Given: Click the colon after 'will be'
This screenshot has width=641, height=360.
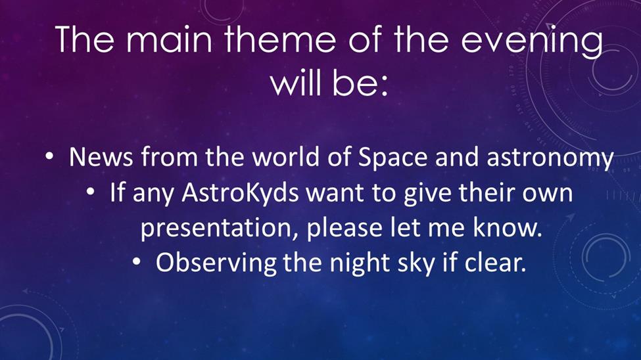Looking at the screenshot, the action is pos(383,87).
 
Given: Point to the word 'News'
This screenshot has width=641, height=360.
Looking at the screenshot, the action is pos(101,156).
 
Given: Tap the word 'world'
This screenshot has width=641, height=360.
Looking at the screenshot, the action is pos(286,156).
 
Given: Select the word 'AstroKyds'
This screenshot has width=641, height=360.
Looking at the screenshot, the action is pos(241,193).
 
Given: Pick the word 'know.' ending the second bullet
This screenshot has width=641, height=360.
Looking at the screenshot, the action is pos(508,227).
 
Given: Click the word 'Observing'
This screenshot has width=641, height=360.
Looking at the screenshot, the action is pos(216,263).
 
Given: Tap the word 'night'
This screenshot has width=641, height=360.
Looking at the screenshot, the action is pos(360,263).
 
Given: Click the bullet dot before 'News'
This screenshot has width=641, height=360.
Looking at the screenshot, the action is pos(49,156).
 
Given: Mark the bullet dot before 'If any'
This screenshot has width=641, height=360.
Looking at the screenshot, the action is pos(90,192).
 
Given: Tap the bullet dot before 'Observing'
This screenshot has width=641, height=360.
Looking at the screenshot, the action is pos(137,262).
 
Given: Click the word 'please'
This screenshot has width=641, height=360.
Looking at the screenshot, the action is pos(344,227).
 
